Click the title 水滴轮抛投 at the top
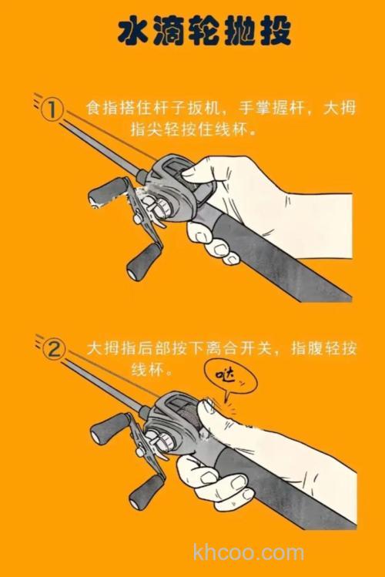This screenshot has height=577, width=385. [x=192, y=33]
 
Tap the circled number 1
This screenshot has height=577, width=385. [x=52, y=110]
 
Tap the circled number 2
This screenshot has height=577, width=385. [x=52, y=350]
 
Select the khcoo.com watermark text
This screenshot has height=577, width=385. [x=249, y=552]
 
